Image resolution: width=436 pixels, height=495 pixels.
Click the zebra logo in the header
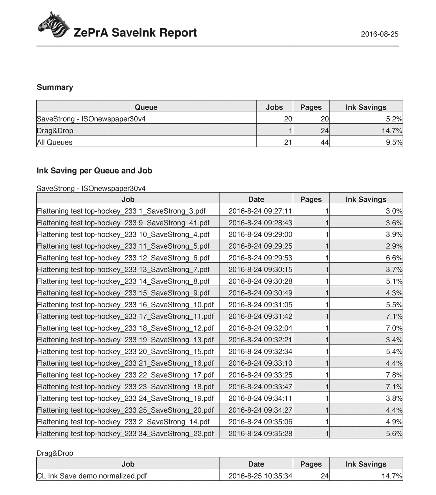pos(53,25)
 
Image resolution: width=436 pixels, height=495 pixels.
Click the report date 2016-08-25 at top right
pos(379,34)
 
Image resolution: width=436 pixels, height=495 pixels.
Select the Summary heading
pos(55,87)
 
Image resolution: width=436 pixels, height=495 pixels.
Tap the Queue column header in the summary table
pos(146,107)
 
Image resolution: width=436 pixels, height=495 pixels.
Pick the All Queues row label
pos(55,142)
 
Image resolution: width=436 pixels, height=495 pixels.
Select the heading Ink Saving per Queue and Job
pos(94,171)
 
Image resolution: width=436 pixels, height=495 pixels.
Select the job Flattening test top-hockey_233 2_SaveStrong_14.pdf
pos(123,422)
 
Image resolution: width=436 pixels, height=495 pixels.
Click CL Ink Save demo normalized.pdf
pos(92,476)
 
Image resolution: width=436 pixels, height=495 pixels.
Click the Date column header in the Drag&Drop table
pos(256,464)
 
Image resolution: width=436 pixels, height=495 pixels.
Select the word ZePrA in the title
pos(91,33)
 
